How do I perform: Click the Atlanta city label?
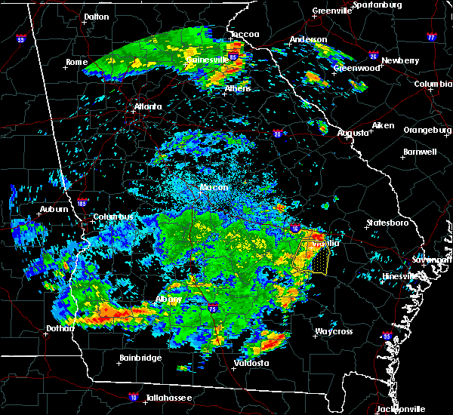point(148,106)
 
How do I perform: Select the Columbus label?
point(113,217)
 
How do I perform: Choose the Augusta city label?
point(353,133)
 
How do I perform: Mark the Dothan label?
point(60,328)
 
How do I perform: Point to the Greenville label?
point(333,11)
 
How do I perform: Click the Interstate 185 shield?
point(82,201)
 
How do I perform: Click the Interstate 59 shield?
point(20,39)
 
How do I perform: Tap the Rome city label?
point(77,62)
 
